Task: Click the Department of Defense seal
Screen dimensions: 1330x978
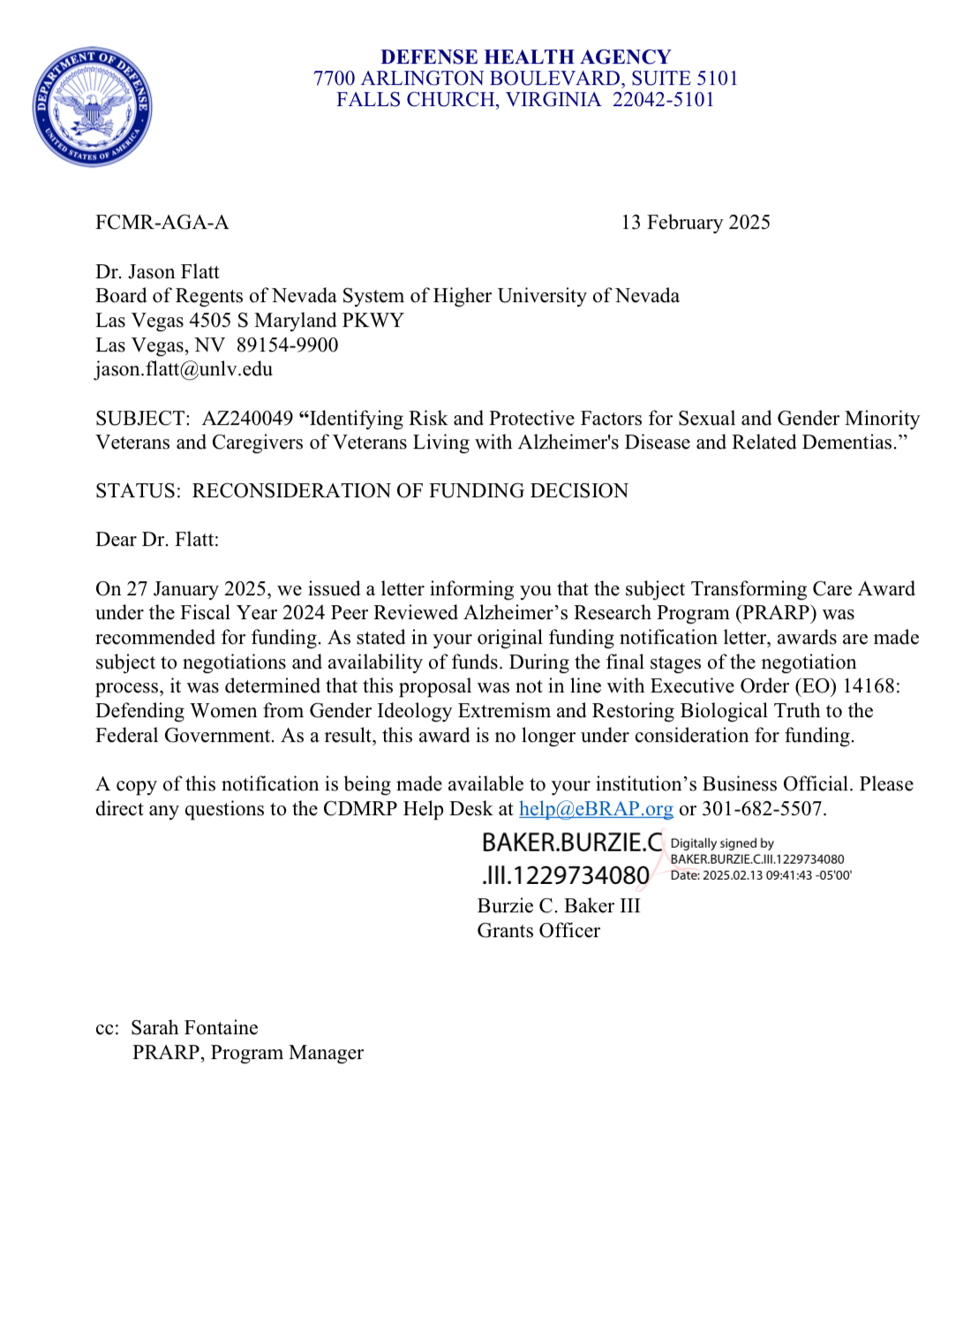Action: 92,107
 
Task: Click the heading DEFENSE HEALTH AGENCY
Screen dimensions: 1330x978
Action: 525,57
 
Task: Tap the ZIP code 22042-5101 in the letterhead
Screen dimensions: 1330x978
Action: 663,100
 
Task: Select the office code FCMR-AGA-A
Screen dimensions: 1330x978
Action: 162,223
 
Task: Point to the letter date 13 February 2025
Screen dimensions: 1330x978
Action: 695,223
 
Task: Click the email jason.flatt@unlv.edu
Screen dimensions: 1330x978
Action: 184,369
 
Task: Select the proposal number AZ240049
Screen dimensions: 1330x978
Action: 247,419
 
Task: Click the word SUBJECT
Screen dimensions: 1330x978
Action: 141,419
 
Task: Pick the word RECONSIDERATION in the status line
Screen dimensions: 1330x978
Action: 292,491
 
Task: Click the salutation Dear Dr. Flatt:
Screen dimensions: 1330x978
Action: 157,540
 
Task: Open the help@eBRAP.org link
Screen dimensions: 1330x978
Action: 596,809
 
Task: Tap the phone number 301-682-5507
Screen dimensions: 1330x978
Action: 764,809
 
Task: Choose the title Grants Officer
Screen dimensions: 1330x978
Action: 538,931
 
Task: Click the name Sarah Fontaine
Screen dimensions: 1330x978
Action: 194,1028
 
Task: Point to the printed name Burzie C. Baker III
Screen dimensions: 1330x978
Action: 559,906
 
